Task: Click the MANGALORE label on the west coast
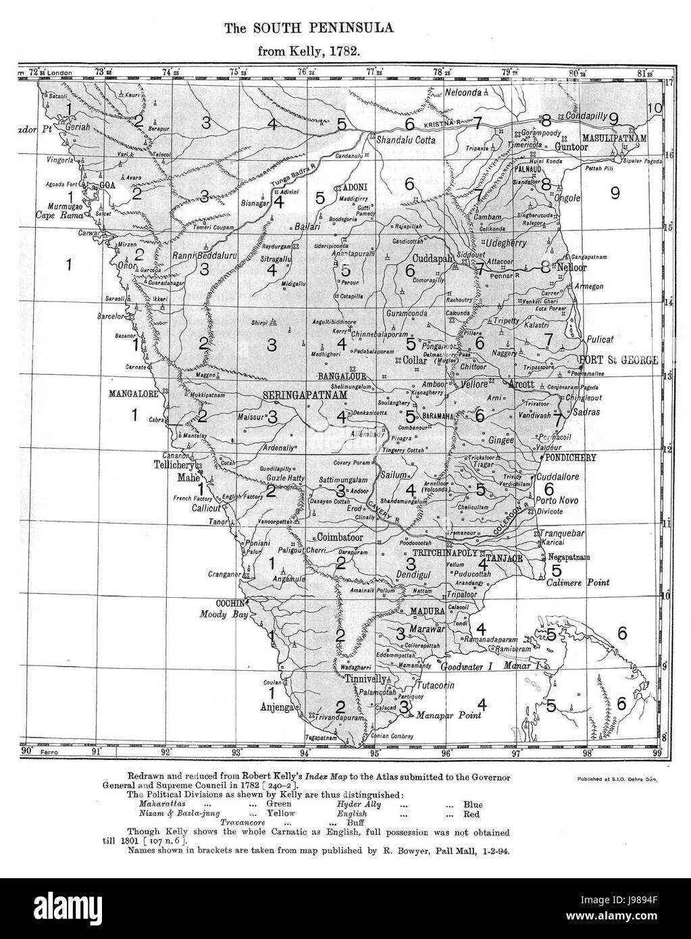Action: click(x=134, y=392)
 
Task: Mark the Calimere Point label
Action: click(x=578, y=582)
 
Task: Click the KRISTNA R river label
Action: click(x=443, y=127)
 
